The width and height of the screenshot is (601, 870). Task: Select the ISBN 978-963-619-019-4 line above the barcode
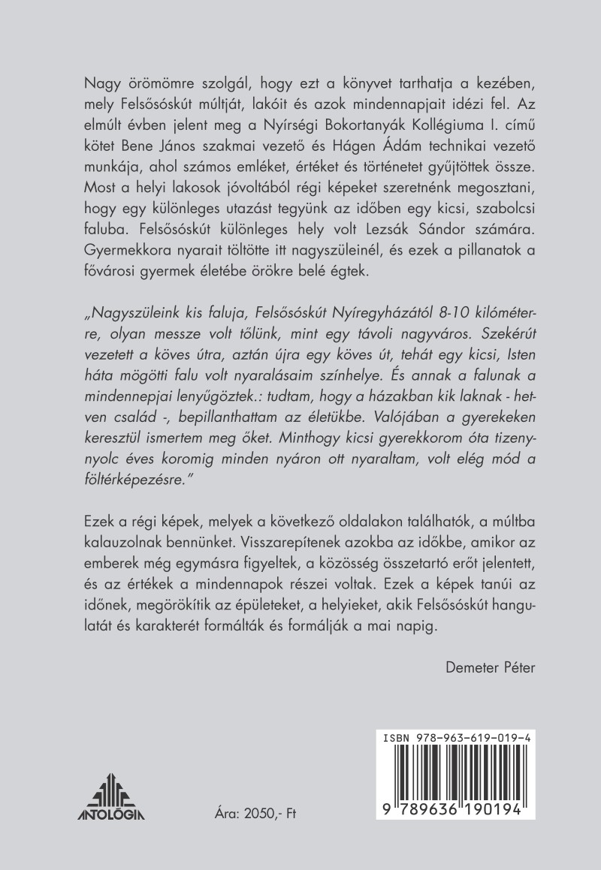click(x=459, y=739)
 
